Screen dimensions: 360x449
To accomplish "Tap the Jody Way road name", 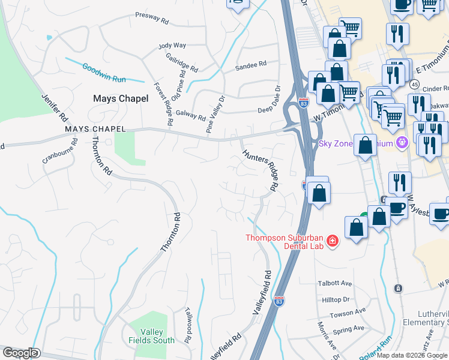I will [172, 46].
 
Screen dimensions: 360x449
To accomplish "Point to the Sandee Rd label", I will [251, 65].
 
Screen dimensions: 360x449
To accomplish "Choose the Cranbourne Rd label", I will [60, 151].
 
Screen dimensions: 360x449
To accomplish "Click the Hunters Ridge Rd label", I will [262, 170].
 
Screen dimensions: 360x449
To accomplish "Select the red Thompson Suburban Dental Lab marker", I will [332, 241].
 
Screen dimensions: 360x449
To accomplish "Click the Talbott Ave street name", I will [334, 283].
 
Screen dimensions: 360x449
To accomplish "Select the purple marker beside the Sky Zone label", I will [402, 143].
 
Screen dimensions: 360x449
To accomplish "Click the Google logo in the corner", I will [20, 353].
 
